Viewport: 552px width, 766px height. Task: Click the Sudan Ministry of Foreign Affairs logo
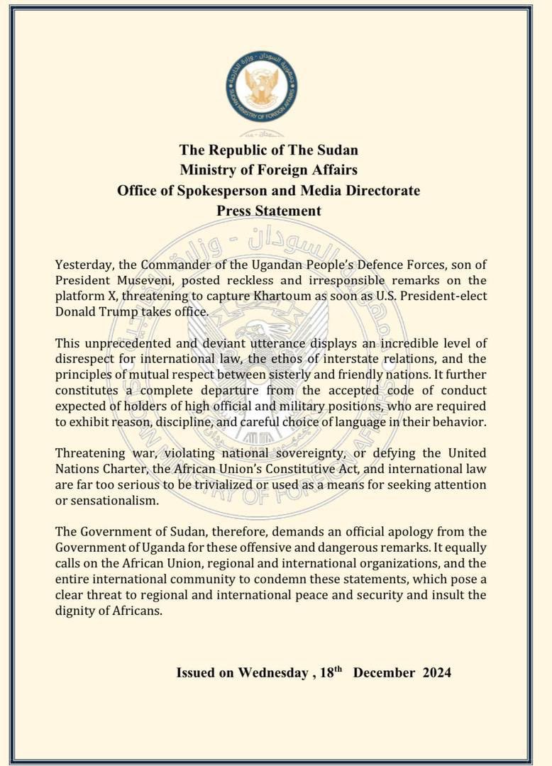click(x=262, y=85)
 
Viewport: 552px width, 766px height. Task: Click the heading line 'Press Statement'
click(x=269, y=211)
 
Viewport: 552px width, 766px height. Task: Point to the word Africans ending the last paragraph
click(x=137, y=610)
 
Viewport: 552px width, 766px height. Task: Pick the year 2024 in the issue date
click(x=433, y=672)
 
